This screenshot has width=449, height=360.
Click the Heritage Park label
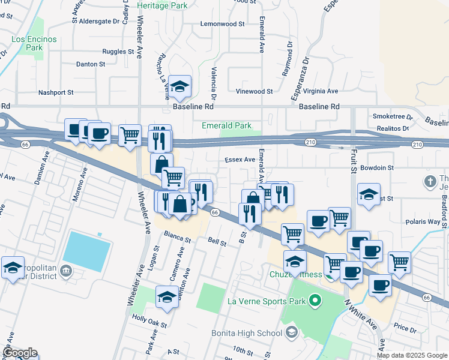pos(162,5)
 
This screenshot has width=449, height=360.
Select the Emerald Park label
pos(226,125)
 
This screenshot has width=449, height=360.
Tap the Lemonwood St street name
pos(223,24)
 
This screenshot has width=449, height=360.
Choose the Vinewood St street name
pos(254,92)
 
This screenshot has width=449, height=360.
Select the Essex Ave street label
pos(240,160)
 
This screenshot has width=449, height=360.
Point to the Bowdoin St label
pos(378,168)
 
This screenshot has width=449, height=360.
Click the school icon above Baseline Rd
pos(179,86)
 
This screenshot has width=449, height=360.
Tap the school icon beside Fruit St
pos(369,194)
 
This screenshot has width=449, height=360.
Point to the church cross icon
pos(430,181)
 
